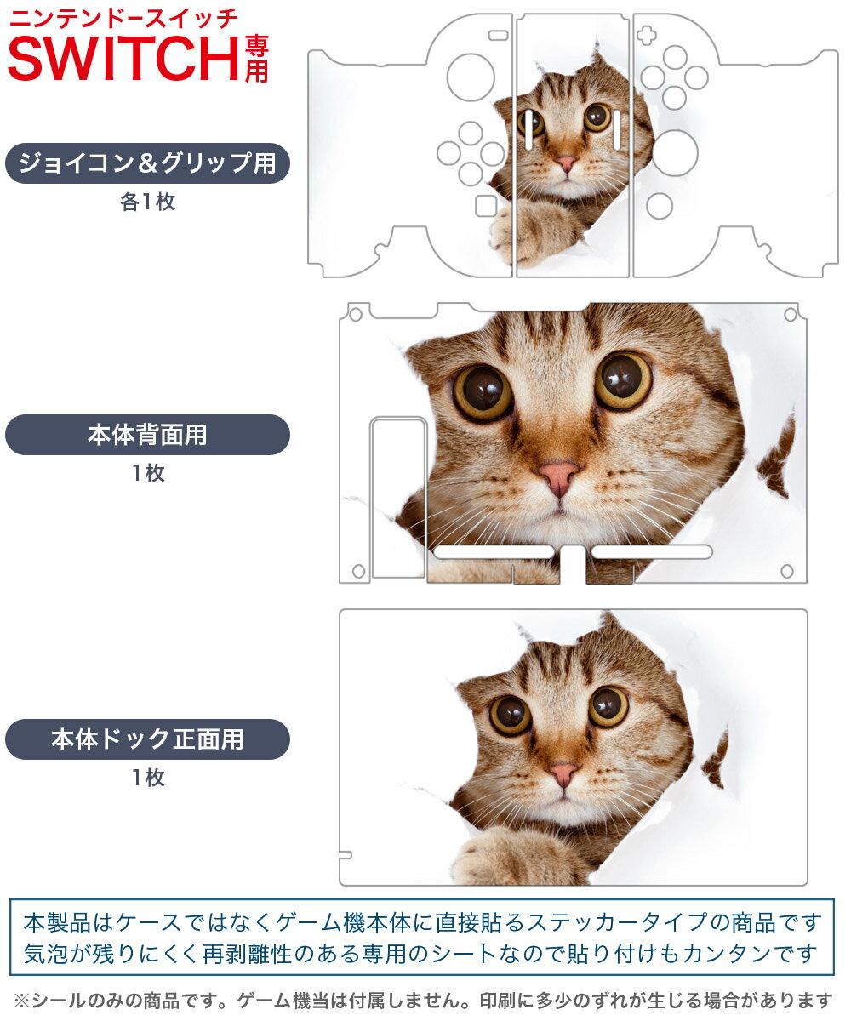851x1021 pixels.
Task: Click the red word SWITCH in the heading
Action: [x=123, y=59]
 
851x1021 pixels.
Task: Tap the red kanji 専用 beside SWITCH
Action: [x=256, y=60]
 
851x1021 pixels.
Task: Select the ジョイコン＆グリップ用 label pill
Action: [x=147, y=163]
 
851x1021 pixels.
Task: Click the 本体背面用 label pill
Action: [x=147, y=435]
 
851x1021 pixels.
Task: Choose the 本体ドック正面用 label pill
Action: [x=147, y=739]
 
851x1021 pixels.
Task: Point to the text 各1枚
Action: [x=148, y=202]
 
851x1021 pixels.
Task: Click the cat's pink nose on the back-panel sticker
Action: [x=559, y=477]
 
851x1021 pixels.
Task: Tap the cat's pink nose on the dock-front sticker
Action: [x=564, y=773]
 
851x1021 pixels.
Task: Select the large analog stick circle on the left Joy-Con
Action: [x=471, y=77]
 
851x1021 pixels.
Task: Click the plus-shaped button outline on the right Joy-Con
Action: [x=646, y=35]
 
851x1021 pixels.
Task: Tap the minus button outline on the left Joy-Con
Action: [x=499, y=35]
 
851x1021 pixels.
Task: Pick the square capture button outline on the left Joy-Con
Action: [x=486, y=206]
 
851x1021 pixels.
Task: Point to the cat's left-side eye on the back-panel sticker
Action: [x=483, y=392]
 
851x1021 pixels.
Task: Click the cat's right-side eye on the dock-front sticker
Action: [x=608, y=706]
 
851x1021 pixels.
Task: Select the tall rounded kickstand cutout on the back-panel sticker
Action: [x=398, y=497]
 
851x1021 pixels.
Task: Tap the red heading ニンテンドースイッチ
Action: [x=123, y=19]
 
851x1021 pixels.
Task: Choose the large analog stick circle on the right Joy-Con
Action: [x=675, y=153]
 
